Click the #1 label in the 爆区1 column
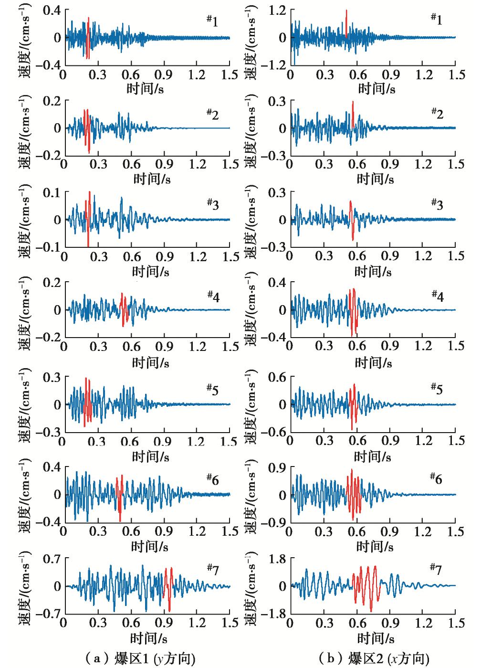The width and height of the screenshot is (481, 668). [x=212, y=21]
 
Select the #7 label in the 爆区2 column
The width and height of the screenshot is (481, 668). [x=435, y=569]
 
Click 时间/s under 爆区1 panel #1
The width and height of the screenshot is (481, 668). [x=147, y=88]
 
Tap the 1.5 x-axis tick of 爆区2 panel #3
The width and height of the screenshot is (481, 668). [x=456, y=256]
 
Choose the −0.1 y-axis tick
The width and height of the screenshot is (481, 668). [x=49, y=247]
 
